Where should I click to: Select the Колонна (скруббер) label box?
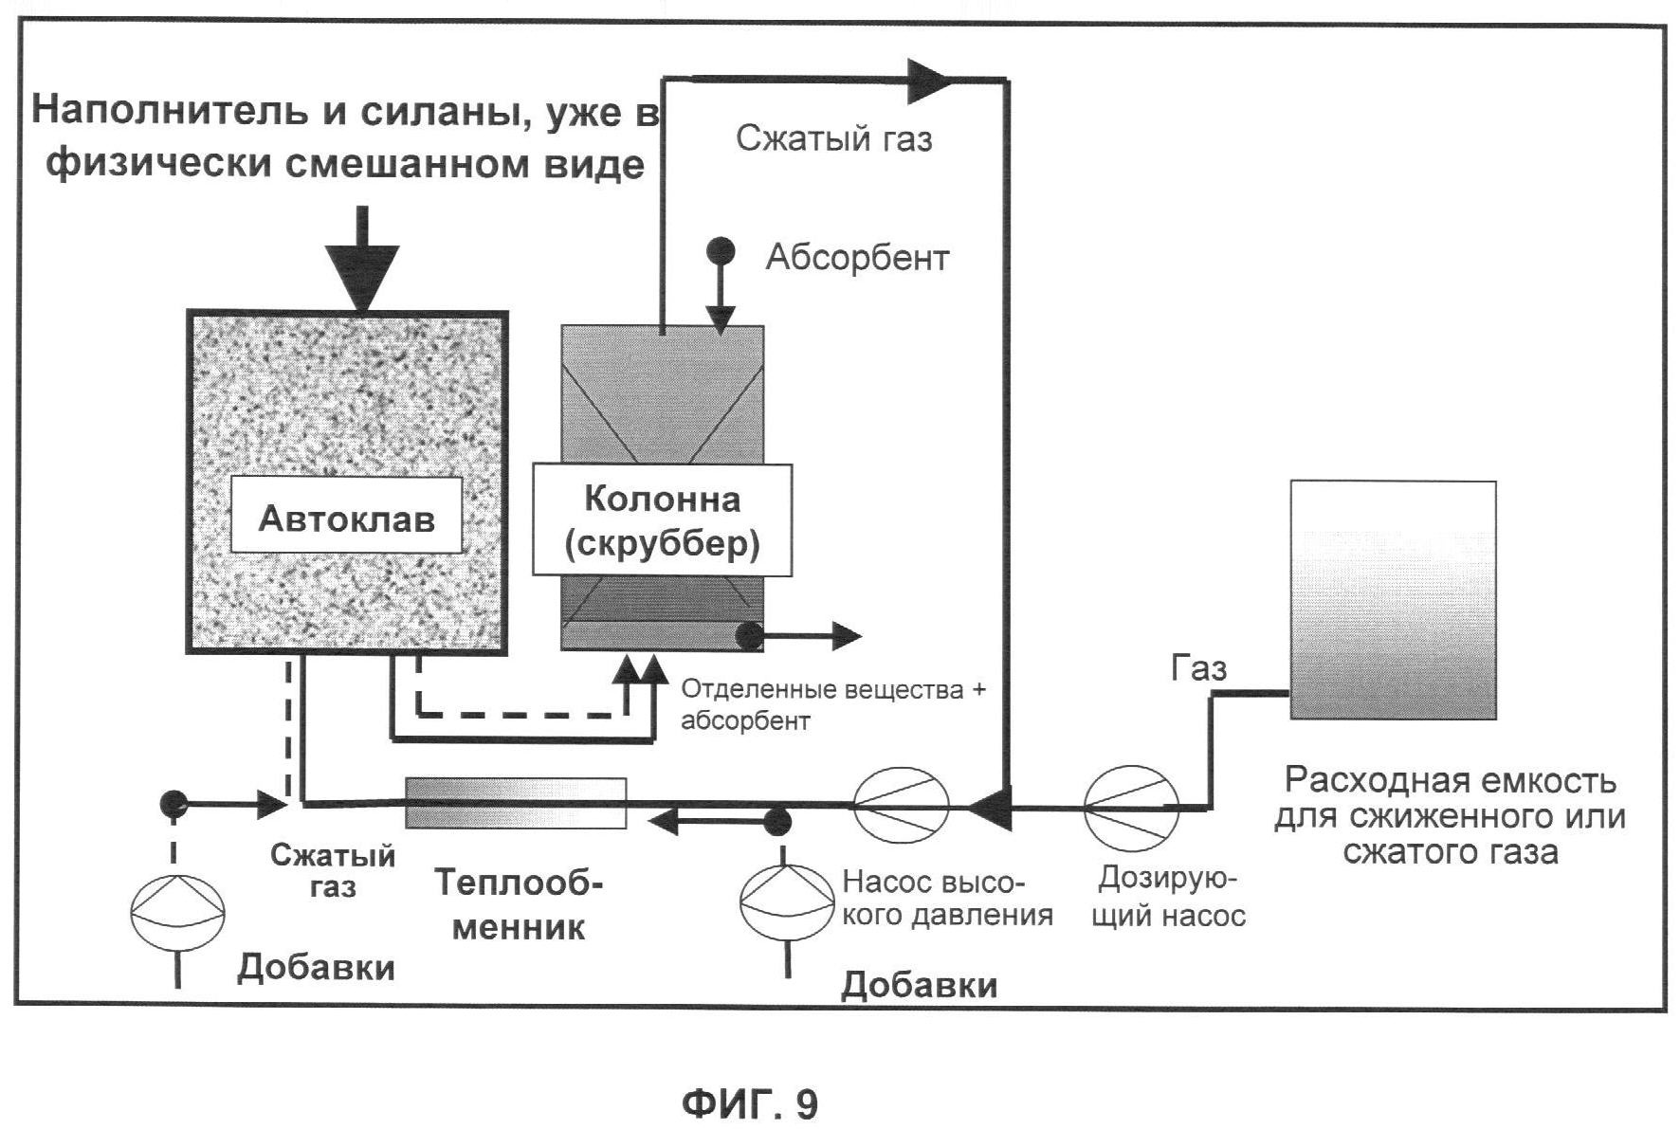tap(662, 520)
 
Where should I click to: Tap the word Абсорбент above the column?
tap(857, 258)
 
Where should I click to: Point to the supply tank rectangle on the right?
tap(1393, 600)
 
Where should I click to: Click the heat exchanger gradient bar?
tap(516, 803)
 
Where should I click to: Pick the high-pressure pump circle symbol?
tap(901, 806)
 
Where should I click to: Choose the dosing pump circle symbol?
tap(1131, 808)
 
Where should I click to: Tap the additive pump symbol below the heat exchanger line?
tap(786, 902)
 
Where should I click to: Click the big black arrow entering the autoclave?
tap(361, 265)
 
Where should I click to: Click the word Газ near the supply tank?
tap(1199, 668)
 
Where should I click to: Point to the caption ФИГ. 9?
tap(750, 1104)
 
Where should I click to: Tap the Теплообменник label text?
tap(518, 904)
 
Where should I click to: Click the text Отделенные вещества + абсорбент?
tap(832, 704)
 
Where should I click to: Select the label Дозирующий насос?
tap(1168, 897)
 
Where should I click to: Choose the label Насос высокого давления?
tap(946, 898)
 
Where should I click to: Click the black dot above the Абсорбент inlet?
tap(721, 251)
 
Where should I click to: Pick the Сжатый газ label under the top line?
tap(834, 139)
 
